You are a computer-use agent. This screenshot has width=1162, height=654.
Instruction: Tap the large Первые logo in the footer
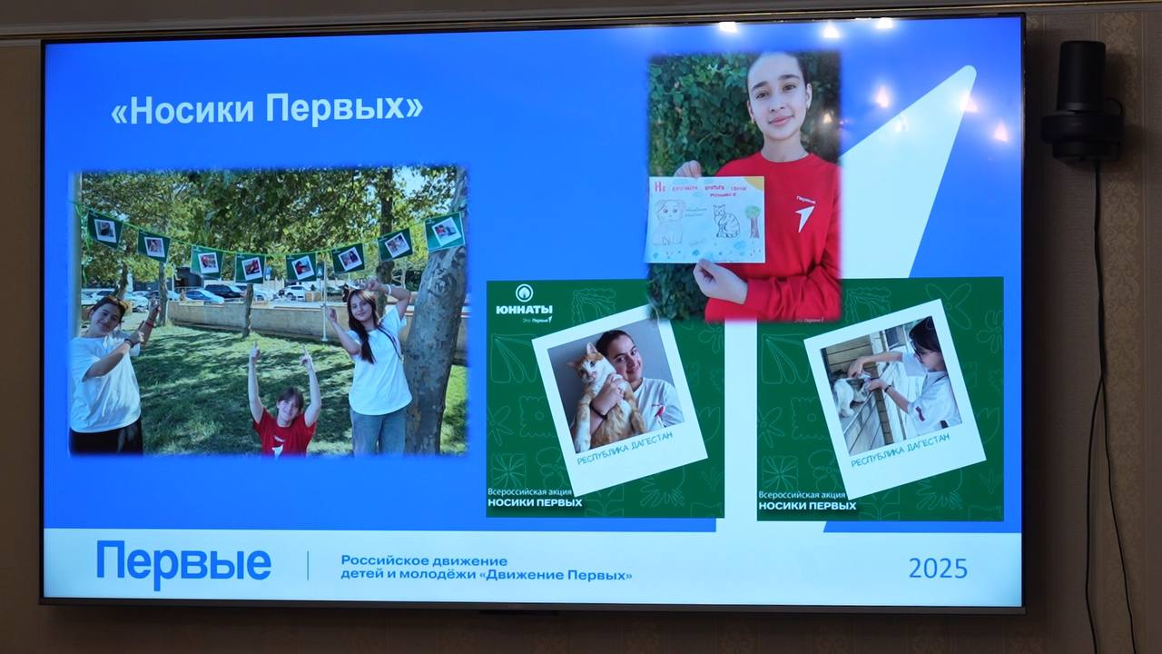183,564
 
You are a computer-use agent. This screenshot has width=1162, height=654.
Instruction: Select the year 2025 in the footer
938,569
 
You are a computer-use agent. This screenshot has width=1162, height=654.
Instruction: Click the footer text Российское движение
424,560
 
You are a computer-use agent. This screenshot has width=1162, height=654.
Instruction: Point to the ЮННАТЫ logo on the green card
524,302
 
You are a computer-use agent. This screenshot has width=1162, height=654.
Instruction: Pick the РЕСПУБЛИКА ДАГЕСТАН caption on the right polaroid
900,451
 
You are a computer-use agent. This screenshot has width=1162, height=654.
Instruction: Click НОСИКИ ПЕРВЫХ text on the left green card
535,501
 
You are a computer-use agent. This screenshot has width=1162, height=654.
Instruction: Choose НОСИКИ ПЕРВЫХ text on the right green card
806,505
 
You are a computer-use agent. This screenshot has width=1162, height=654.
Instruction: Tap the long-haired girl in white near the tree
376,363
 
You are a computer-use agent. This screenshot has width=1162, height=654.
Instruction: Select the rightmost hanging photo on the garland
444,231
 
